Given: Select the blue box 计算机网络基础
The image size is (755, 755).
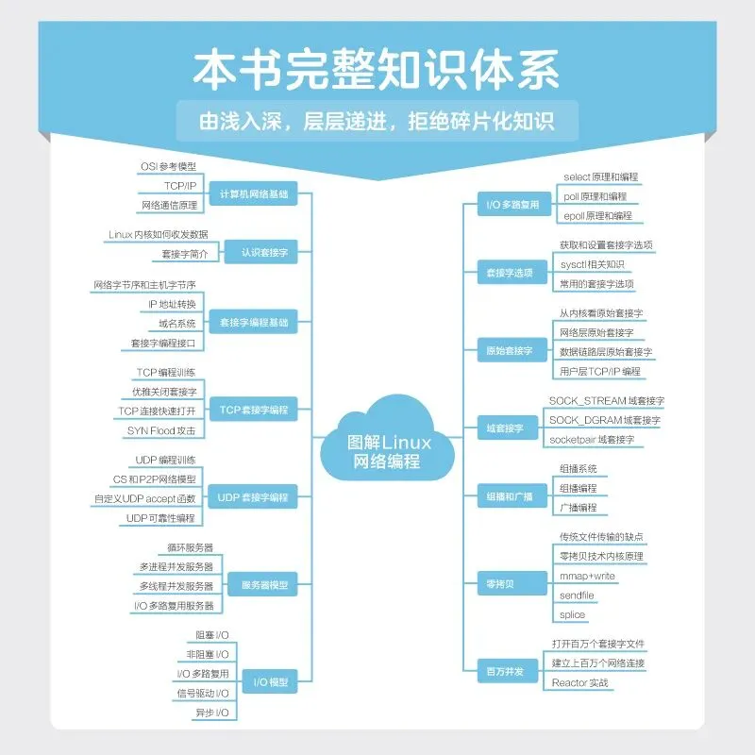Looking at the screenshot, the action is point(253,194).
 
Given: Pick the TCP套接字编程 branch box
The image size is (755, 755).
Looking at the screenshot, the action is point(253,411).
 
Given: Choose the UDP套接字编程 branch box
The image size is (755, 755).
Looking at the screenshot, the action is point(253,497).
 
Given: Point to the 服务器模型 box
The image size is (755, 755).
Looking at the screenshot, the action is point(263,585).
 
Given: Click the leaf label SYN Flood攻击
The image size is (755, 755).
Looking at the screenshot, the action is point(161,430).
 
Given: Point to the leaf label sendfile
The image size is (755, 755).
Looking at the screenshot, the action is point(577,596).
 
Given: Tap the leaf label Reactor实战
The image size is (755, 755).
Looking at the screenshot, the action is point(580,682).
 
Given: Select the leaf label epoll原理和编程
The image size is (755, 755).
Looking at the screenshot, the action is point(598,215).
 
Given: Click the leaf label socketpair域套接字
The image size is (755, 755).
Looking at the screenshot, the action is point(592,439).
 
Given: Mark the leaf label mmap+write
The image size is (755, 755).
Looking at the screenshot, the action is point(587,576).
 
